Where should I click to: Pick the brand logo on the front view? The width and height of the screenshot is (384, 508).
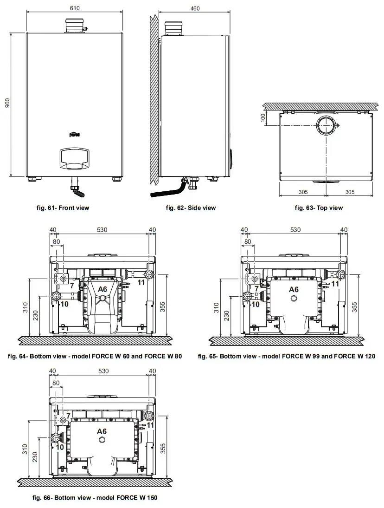pos(75,135)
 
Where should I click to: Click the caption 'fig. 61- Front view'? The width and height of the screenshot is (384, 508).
pos(63,208)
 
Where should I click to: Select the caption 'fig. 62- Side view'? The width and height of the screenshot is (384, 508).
pos(191,208)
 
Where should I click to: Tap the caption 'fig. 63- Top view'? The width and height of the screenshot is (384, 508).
pos(319,208)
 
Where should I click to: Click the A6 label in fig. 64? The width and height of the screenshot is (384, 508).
pos(102,289)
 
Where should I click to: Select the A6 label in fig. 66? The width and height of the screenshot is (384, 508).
pos(102,431)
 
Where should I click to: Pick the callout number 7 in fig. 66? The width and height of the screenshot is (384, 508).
pos(68,415)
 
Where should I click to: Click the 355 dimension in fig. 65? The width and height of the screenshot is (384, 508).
pos(354,306)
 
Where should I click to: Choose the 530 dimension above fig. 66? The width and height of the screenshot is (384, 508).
pos(103,371)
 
